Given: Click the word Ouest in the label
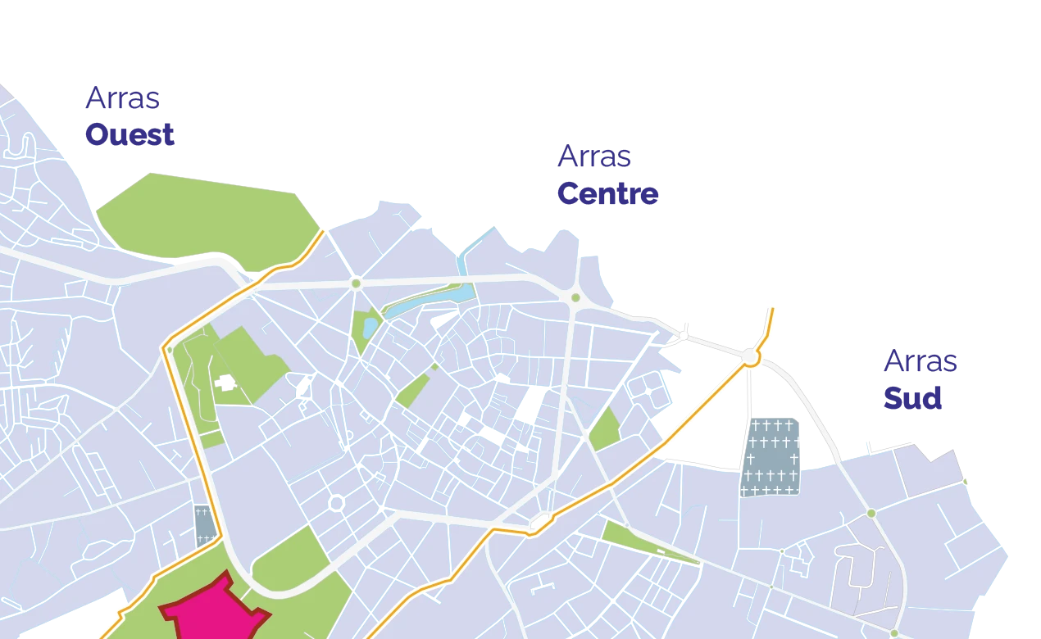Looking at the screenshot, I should (x=130, y=135).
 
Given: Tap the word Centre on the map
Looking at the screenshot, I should (x=607, y=193).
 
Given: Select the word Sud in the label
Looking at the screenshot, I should (x=912, y=399).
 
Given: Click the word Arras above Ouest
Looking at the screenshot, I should (x=124, y=100).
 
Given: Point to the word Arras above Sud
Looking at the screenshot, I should (x=921, y=361).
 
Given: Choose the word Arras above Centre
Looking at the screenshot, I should (x=596, y=157).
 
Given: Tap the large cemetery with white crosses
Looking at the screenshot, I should (x=771, y=457).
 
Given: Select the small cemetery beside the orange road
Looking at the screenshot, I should (x=204, y=525).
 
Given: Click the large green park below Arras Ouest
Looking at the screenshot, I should (x=205, y=215).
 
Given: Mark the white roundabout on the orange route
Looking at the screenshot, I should (x=750, y=358).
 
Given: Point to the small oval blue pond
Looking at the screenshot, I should (x=370, y=328).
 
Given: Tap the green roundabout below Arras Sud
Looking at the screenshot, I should (x=871, y=513).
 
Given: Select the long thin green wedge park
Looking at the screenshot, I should (x=648, y=543).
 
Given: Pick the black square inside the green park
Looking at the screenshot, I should (x=225, y=383).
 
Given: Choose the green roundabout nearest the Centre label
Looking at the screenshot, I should (x=575, y=297).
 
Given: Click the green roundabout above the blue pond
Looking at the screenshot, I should (x=356, y=283).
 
